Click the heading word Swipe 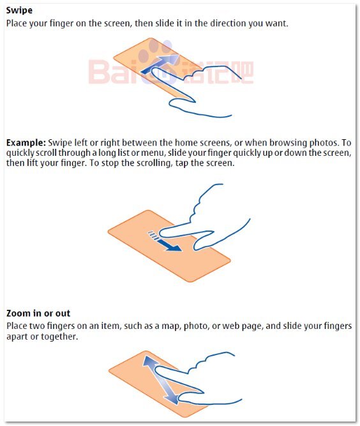(19, 11)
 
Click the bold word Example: (26, 142)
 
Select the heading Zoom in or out (38, 313)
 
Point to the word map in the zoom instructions (171, 326)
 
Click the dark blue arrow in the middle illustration (169, 245)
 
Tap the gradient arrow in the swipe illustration (160, 63)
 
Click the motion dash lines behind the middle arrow (153, 235)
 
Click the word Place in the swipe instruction (17, 24)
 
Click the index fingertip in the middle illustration (162, 233)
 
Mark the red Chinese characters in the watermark (218, 72)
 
